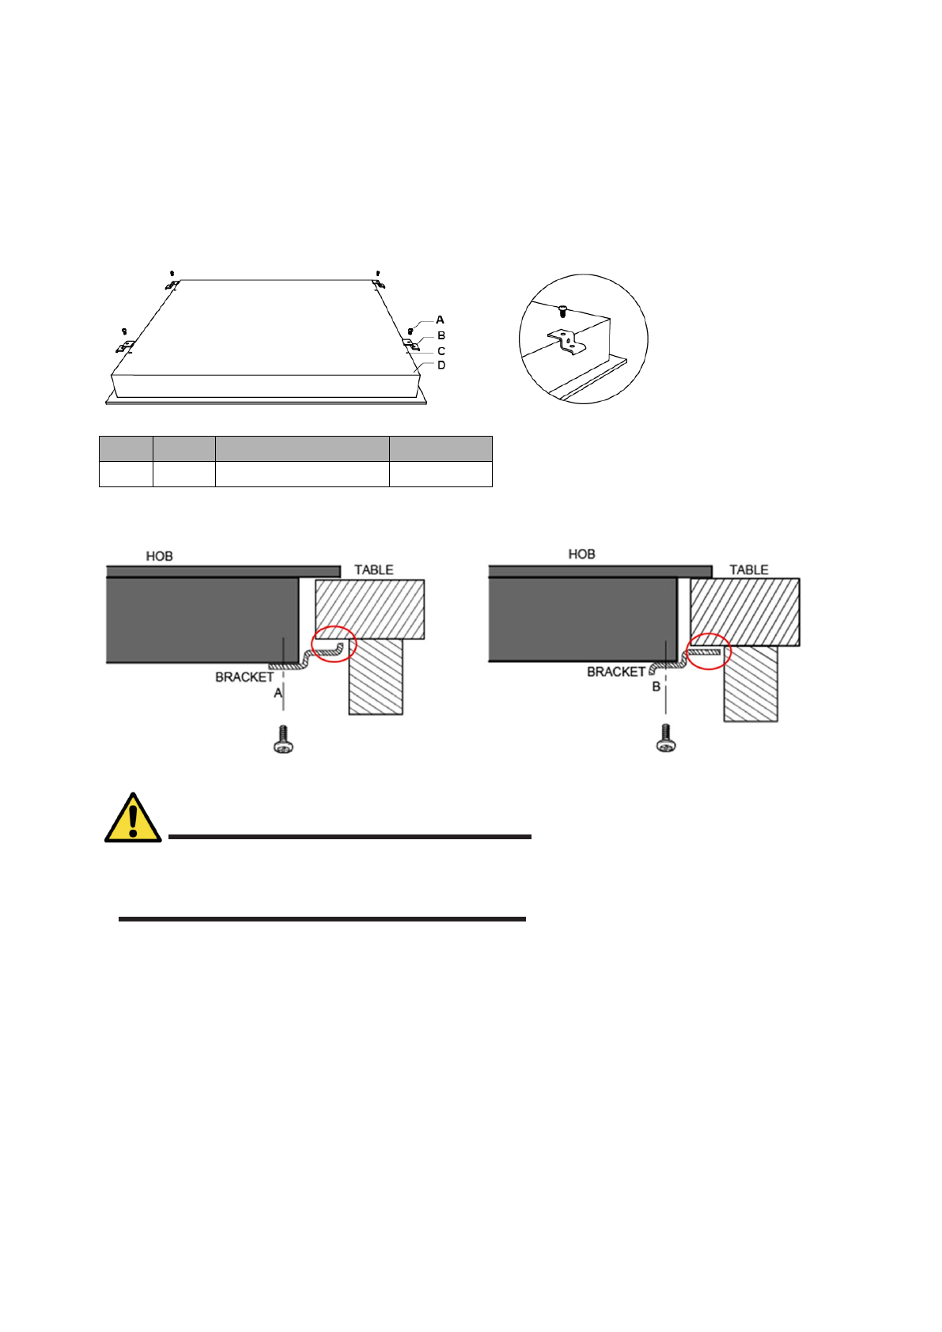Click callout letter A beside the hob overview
point(441,320)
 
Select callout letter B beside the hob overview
point(441,335)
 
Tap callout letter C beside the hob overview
point(441,351)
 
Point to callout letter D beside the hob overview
point(441,365)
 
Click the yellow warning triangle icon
point(133,819)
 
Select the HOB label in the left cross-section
point(159,557)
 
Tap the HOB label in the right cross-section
point(581,554)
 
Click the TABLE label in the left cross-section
point(373,570)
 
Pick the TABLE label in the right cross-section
point(748,570)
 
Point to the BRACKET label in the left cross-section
point(244,678)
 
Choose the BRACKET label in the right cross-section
point(616,672)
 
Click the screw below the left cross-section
point(282,740)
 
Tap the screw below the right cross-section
point(666,739)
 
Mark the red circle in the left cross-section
point(335,644)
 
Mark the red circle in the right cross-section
point(708,652)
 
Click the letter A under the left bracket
point(278,693)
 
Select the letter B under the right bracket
point(656,687)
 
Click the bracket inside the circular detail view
point(567,342)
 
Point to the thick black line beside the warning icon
point(350,836)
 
